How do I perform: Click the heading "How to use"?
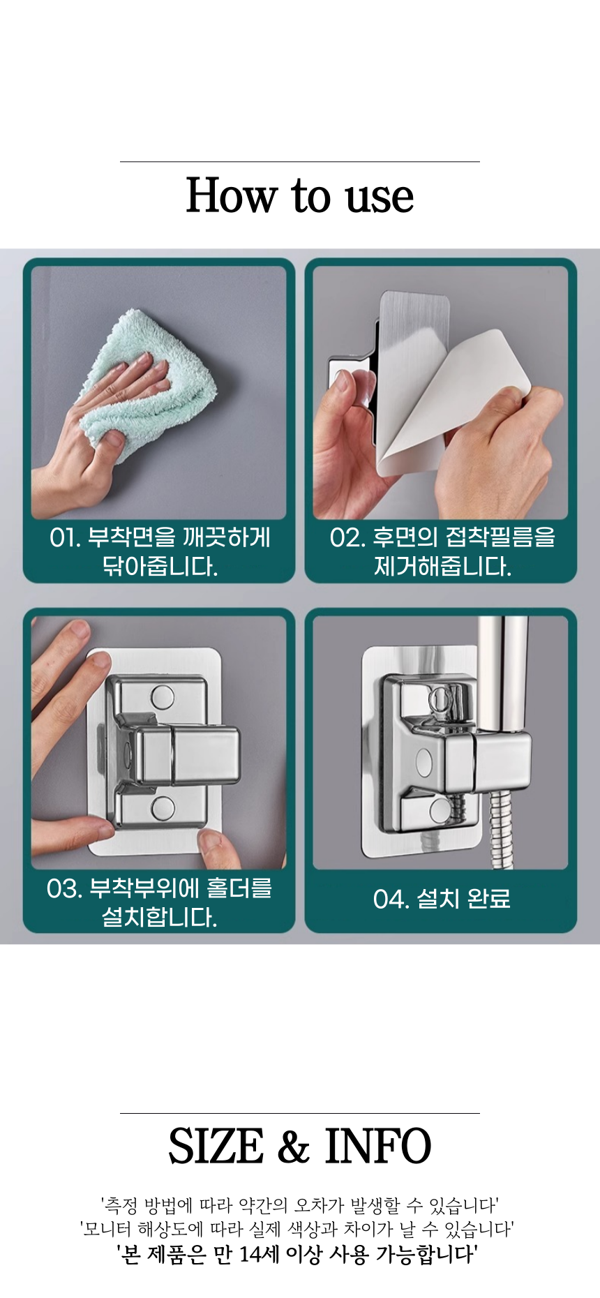pos(300,195)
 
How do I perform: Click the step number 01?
pos(65,537)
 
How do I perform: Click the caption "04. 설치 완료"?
pos(442,899)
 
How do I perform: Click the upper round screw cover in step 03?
pos(163,696)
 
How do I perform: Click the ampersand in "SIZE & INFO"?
pos(294,1147)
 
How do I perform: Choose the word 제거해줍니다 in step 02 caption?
pos(442,566)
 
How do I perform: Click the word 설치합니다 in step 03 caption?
pos(160,917)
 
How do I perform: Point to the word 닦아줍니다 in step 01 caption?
pos(160,566)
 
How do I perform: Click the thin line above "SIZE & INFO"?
pos(300,1113)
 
